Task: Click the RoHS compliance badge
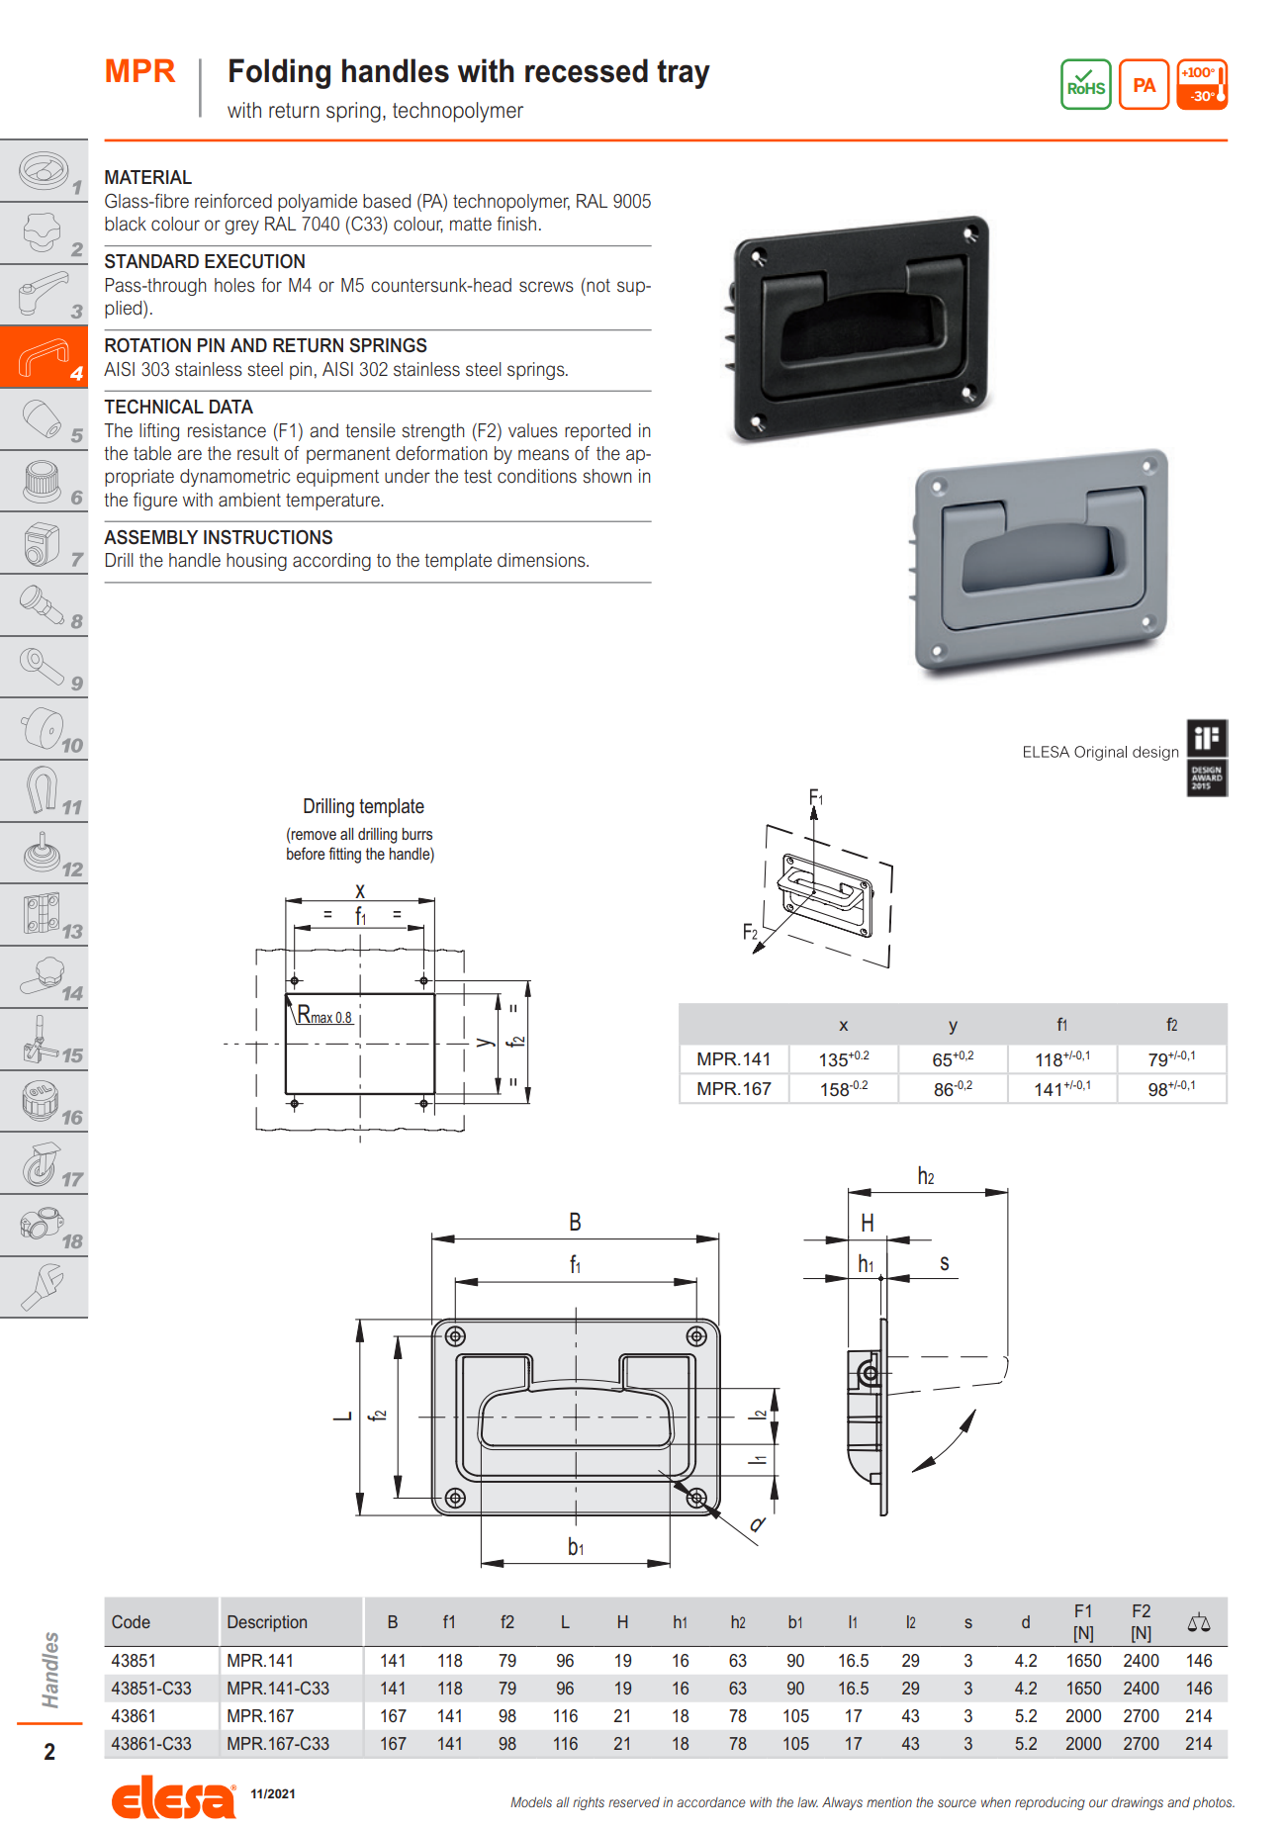pos(1085,84)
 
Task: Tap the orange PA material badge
pos(1144,85)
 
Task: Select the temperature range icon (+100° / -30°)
pos(1202,85)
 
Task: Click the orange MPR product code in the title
pos(139,71)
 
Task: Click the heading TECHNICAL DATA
pos(178,407)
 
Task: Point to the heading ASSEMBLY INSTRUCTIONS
pos(218,537)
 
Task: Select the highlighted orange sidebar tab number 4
pos(44,357)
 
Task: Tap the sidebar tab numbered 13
pos(44,916)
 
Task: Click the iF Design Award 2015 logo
pos(1207,758)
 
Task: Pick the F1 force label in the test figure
pos(816,798)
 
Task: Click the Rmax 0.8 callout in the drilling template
pos(324,1016)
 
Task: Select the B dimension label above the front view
pos(575,1223)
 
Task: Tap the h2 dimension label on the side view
pos(926,1176)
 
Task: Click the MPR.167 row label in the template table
pos(733,1089)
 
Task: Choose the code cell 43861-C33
pos(151,1744)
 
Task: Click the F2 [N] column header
pos(1141,1622)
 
